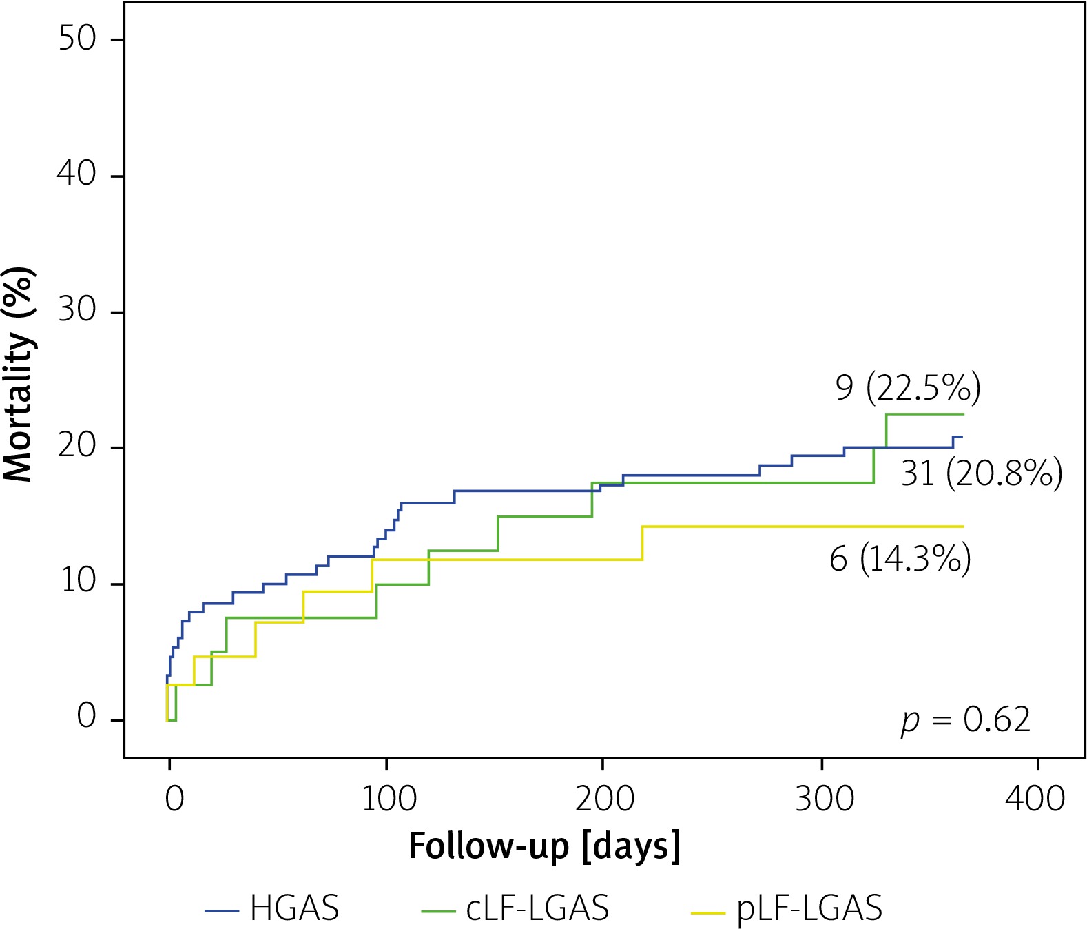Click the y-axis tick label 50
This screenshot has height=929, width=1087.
pyautogui.click(x=76, y=39)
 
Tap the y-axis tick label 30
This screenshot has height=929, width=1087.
pyautogui.click(x=76, y=310)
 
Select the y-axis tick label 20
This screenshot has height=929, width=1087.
pyautogui.click(x=76, y=446)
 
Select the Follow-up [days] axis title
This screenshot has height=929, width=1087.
pyautogui.click(x=544, y=846)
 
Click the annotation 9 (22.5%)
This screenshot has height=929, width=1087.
pyautogui.click(x=908, y=388)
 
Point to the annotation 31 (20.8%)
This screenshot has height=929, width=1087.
pyautogui.click(x=982, y=473)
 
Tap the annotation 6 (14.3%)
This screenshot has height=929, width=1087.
pyautogui.click(x=900, y=558)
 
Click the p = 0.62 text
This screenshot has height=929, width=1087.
pyautogui.click(x=966, y=721)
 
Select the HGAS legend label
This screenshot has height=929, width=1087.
pyautogui.click(x=294, y=908)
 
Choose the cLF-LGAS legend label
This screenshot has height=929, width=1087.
pyautogui.click(x=537, y=908)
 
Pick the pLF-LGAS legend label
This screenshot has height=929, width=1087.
pyautogui.click(x=809, y=908)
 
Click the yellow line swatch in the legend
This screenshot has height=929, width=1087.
pyautogui.click(x=707, y=912)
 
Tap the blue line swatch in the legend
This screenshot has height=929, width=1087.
pyautogui.click(x=222, y=911)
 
